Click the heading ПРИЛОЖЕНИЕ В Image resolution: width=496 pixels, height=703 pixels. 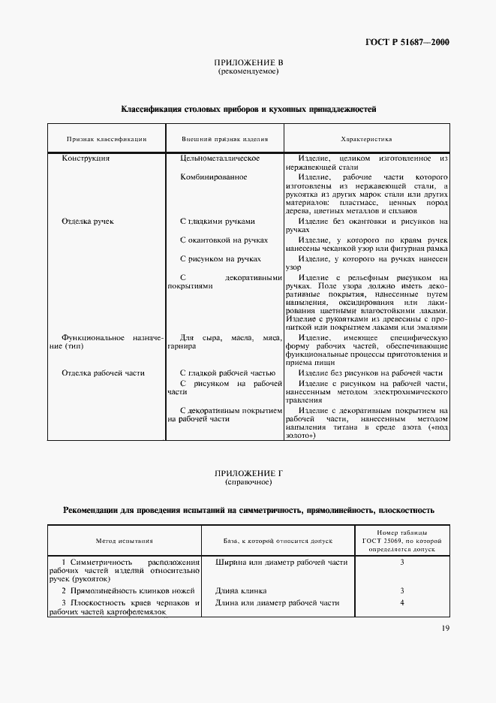[x=248, y=64]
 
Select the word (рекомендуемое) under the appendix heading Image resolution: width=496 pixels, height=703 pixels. [x=248, y=72]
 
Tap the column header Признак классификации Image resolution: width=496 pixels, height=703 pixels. [x=106, y=139]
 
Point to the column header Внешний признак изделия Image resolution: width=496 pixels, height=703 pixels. [x=224, y=139]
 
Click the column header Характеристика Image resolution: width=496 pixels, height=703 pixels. [x=366, y=139]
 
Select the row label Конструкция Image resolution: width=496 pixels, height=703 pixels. [x=86, y=158]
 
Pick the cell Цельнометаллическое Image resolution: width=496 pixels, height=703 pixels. [x=220, y=158]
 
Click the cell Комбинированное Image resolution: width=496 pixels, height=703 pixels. [x=214, y=177]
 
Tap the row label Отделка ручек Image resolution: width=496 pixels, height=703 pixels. [x=88, y=222]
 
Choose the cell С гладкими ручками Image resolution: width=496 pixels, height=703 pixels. [x=218, y=222]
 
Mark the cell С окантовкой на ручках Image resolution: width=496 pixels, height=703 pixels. [x=224, y=240]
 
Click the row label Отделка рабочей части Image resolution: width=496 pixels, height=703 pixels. [x=104, y=373]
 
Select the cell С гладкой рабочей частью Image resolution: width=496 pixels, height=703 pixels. [x=228, y=373]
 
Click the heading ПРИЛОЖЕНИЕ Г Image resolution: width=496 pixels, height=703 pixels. [x=248, y=474]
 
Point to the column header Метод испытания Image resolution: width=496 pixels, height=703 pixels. [x=125, y=540]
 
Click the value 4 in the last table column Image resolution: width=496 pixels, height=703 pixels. [x=402, y=602]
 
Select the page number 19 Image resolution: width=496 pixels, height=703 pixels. [x=444, y=629]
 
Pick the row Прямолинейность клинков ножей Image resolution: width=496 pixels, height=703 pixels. [x=124, y=590]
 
